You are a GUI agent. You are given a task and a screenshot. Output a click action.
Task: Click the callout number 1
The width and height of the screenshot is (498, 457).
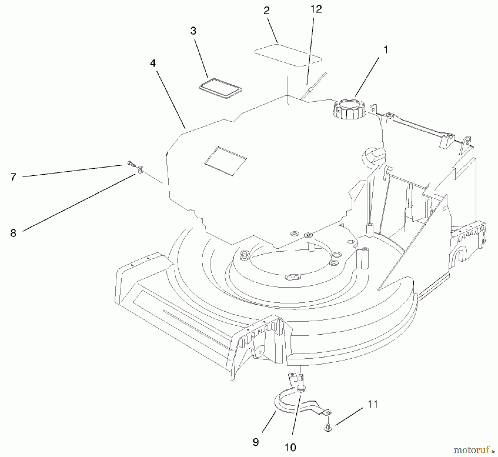[x=385, y=50]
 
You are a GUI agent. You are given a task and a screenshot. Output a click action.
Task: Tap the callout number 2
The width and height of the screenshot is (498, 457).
[x=266, y=11]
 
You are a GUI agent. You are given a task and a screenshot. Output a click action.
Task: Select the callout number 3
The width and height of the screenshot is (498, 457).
[x=193, y=31]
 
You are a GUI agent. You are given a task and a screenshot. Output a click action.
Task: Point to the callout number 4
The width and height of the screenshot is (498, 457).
[x=153, y=63]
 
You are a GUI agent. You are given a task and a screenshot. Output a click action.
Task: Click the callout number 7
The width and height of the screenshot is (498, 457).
[x=13, y=177]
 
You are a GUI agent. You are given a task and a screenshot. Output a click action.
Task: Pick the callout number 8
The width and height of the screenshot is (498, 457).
[x=13, y=233]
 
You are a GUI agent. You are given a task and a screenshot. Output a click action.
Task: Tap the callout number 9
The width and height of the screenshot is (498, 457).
[x=256, y=442]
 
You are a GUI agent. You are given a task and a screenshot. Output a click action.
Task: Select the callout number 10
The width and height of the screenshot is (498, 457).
[x=290, y=447]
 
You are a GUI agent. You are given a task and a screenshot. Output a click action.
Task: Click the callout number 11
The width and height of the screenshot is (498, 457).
[x=373, y=404]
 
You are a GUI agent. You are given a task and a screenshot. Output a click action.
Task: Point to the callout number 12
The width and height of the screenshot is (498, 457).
[x=316, y=9]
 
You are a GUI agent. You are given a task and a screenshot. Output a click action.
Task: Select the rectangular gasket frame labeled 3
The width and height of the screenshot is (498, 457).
[x=221, y=89]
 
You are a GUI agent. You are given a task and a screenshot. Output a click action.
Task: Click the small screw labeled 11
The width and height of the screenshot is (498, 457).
[x=328, y=428]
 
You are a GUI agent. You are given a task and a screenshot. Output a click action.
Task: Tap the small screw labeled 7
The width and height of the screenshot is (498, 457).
[x=130, y=164]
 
